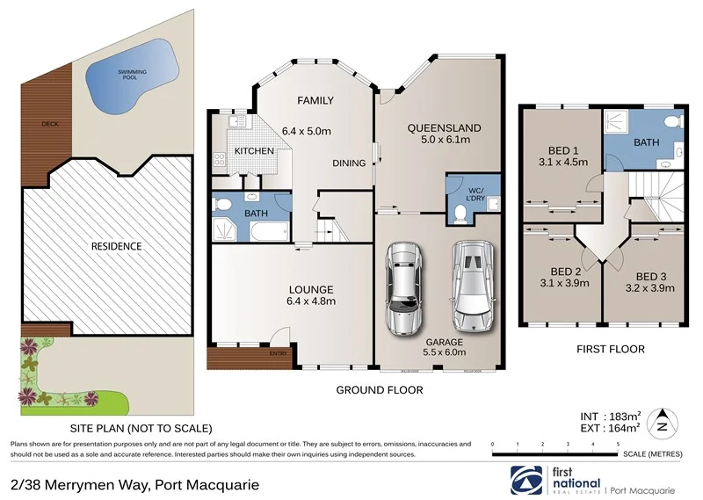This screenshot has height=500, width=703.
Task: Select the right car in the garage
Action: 468,282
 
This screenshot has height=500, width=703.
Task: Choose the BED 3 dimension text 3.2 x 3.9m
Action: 649,286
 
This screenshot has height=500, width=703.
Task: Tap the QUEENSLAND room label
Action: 439,127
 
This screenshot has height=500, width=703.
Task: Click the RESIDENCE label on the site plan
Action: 116,246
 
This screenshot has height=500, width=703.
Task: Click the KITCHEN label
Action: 255,151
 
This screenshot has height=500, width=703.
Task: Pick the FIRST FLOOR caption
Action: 610,349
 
